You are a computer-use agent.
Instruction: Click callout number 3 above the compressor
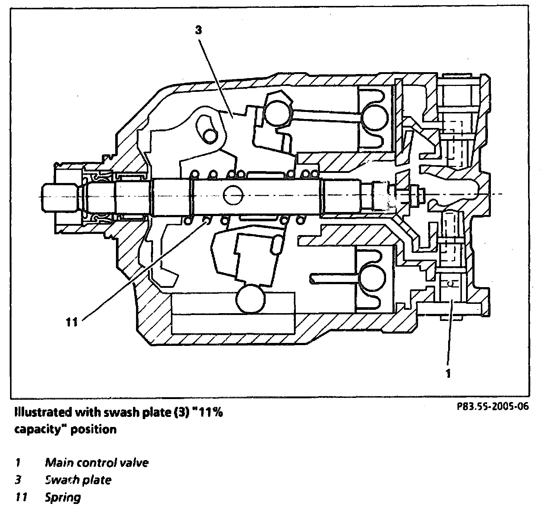pyautogui.click(x=198, y=30)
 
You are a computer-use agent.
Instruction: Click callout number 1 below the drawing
pyautogui.click(x=449, y=373)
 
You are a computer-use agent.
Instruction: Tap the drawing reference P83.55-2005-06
pyautogui.click(x=492, y=406)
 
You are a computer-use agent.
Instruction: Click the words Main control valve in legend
pyautogui.click(x=97, y=463)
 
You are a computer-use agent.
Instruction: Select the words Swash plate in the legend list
pyautogui.click(x=78, y=480)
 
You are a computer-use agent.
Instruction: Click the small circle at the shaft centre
pyautogui.click(x=233, y=194)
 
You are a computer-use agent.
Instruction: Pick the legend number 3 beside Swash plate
pyautogui.click(x=17, y=480)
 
